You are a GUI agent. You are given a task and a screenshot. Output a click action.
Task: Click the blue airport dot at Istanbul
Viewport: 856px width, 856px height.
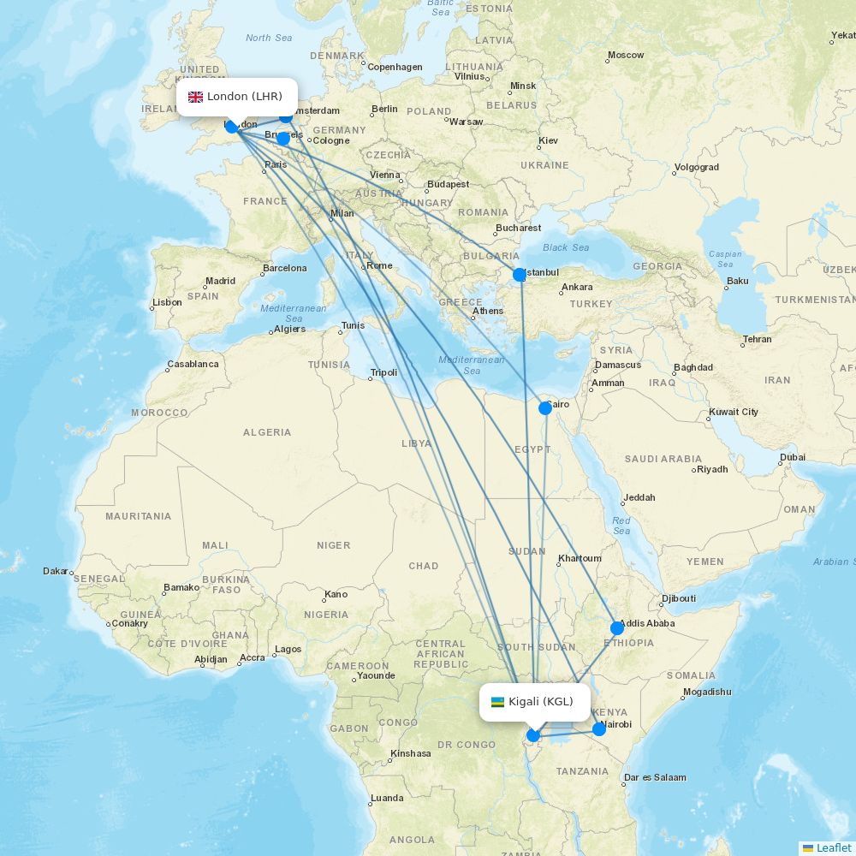click(x=520, y=275)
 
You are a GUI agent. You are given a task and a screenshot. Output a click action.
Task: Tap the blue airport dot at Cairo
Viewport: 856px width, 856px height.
click(x=545, y=408)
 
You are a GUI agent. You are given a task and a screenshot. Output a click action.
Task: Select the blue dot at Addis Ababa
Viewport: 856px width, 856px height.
click(x=617, y=628)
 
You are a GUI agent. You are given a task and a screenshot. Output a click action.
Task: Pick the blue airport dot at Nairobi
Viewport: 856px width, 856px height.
click(x=599, y=729)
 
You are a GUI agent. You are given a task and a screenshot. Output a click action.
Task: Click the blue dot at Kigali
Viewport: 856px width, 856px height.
click(x=533, y=734)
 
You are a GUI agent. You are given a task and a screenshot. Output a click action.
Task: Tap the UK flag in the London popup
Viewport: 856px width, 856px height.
click(x=195, y=97)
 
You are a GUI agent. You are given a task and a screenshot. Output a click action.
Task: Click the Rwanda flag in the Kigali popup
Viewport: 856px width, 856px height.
click(x=497, y=702)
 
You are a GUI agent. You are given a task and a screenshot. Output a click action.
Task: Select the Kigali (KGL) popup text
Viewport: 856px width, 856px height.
click(x=540, y=702)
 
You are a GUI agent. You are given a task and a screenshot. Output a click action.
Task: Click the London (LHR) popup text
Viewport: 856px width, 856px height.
click(x=244, y=97)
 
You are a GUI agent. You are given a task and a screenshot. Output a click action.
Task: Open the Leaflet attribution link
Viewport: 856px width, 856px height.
click(x=833, y=847)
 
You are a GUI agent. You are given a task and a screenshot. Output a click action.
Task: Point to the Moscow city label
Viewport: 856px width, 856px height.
click(x=626, y=56)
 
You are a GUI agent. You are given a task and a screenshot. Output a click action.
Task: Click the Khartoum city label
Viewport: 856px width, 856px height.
click(x=580, y=559)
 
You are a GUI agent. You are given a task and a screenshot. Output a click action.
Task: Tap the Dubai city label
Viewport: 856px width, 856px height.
click(x=792, y=458)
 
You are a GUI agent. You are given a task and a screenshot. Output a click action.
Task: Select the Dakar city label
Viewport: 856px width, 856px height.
click(x=56, y=571)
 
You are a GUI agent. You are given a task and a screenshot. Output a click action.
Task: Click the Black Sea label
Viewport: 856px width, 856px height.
click(x=566, y=247)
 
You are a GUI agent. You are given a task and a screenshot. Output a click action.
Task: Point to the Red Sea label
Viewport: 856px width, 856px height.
click(x=621, y=526)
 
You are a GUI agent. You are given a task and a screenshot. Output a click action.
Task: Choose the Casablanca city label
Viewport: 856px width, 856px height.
click(x=193, y=364)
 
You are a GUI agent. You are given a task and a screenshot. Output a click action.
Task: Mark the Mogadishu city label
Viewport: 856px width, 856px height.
click(x=707, y=692)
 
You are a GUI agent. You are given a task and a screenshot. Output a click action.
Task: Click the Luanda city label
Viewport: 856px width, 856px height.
click(x=386, y=799)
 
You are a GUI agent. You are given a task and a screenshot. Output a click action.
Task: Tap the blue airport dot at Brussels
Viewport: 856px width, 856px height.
click(x=283, y=139)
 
